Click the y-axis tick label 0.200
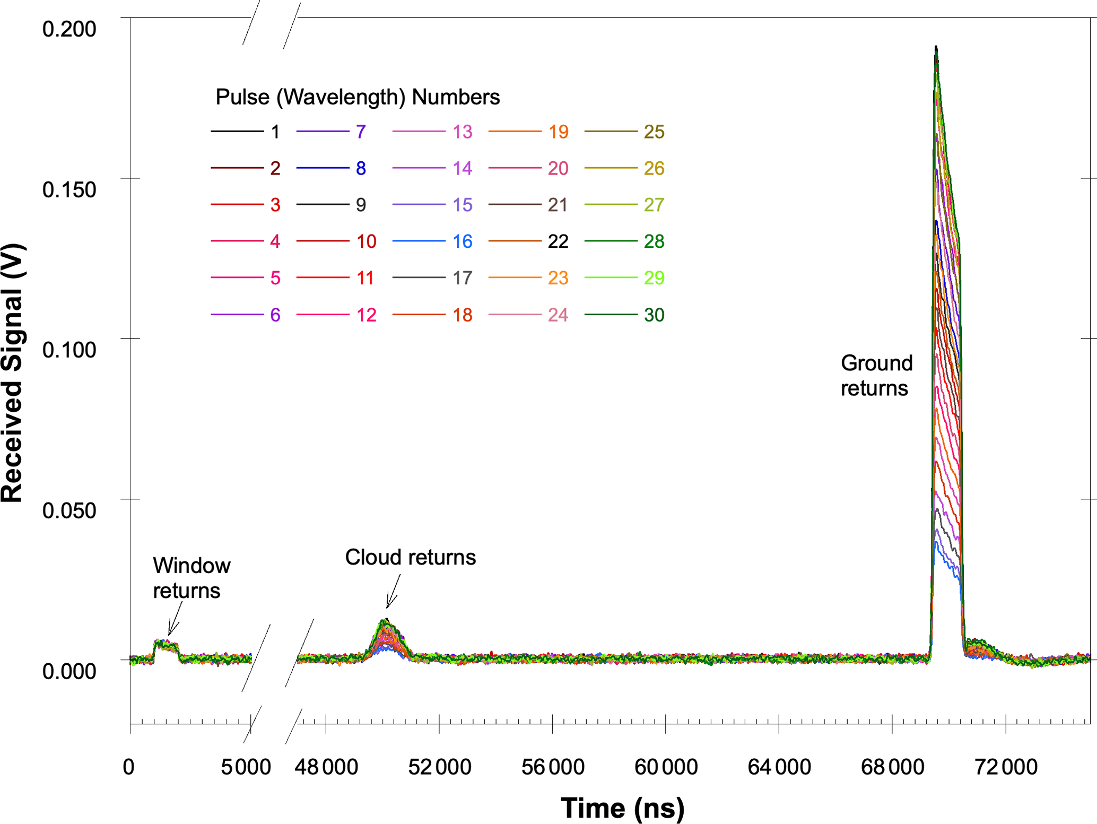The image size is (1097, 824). click(x=69, y=29)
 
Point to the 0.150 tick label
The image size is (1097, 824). click(x=69, y=189)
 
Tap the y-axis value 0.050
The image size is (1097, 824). click(x=69, y=510)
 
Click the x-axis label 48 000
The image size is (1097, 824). click(x=326, y=767)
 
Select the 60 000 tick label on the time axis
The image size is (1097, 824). click(x=666, y=767)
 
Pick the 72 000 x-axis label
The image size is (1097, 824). click(x=1006, y=767)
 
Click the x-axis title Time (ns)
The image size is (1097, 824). click(x=622, y=808)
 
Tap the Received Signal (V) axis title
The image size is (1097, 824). click(x=12, y=372)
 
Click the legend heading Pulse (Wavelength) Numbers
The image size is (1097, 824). click(x=358, y=97)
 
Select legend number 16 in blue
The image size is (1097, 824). click(x=462, y=241)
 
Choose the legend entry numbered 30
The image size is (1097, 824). click(x=654, y=315)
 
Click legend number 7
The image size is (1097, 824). click(x=361, y=132)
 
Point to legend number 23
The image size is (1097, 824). click(x=558, y=278)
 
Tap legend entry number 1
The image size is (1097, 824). click(x=275, y=132)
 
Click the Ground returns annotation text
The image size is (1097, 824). click(x=876, y=376)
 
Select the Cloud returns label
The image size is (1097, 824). click(x=410, y=558)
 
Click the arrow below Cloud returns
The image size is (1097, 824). click(x=393, y=592)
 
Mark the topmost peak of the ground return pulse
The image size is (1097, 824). click(x=936, y=48)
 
